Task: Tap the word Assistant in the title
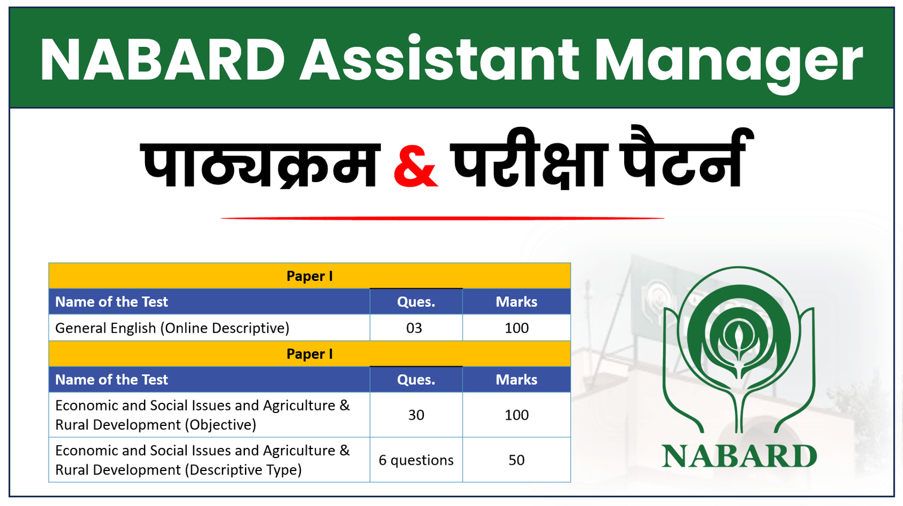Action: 439,59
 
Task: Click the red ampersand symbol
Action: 415,166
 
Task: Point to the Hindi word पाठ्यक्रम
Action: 260,164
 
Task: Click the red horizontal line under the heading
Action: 442,218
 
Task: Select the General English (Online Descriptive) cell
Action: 172,328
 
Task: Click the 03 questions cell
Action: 414,328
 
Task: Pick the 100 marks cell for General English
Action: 516,328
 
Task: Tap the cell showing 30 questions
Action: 416,415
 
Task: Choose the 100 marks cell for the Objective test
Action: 516,415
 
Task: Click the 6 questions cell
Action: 416,460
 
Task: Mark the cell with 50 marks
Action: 516,460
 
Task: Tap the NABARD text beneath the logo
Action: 739,456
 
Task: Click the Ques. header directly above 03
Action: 416,302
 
